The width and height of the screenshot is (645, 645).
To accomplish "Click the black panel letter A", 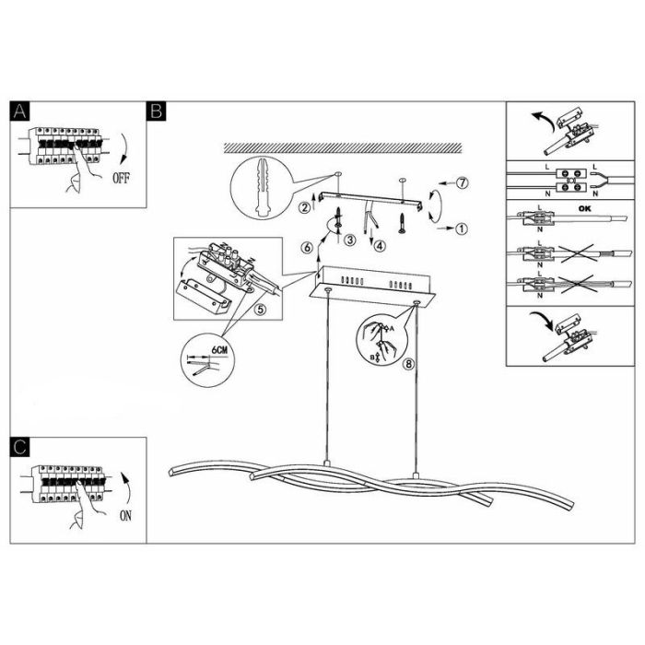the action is pos(19,111).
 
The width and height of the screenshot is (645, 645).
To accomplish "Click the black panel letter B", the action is pos(157,111).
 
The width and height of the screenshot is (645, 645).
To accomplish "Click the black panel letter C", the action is pos(19,447).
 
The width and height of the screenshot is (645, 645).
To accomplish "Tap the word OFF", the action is pos(121,178).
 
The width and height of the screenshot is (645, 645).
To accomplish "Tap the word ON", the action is pos(125,515).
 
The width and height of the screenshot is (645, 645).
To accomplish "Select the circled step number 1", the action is pos(462,229).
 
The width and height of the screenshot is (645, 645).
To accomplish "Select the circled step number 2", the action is pos(304,207).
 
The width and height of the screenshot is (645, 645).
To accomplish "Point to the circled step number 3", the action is pos(349,240).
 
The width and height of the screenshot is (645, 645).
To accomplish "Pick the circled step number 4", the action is pos(380,246).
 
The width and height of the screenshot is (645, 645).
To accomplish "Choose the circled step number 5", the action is pos(260,309).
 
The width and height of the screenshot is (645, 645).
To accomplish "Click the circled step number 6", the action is pos(307,248).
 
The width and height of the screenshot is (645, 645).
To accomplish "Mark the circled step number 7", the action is pos(463,182).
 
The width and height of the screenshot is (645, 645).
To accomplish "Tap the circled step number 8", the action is pos(408,364).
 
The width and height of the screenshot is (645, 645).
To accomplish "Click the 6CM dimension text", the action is pos(219,349).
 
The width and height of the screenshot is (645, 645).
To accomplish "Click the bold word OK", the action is pos(584,208).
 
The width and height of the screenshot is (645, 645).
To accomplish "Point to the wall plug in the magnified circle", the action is pos(262,187).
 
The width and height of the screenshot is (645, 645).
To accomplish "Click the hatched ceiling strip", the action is pos(343,148).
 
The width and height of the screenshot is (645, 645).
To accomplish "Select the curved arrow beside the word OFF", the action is pos(124,148).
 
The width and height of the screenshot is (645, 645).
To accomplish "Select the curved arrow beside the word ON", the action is pos(127,488).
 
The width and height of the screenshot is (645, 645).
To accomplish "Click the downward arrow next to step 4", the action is pos(372,235).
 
